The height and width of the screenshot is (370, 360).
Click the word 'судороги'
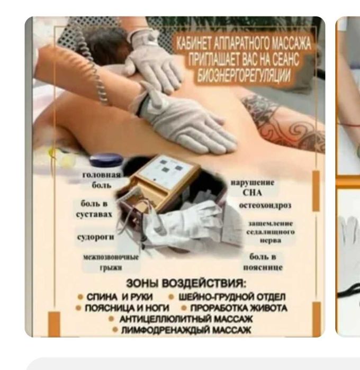tap(96, 237)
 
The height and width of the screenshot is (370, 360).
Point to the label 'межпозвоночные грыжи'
tap(111, 262)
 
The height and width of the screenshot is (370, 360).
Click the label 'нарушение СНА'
tap(252, 187)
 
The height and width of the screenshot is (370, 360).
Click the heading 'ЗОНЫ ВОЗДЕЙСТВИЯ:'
tap(186, 283)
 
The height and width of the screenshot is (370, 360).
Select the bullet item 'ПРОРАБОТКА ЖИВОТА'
tap(238, 308)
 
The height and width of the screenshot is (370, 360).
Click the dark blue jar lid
tap(106, 159)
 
